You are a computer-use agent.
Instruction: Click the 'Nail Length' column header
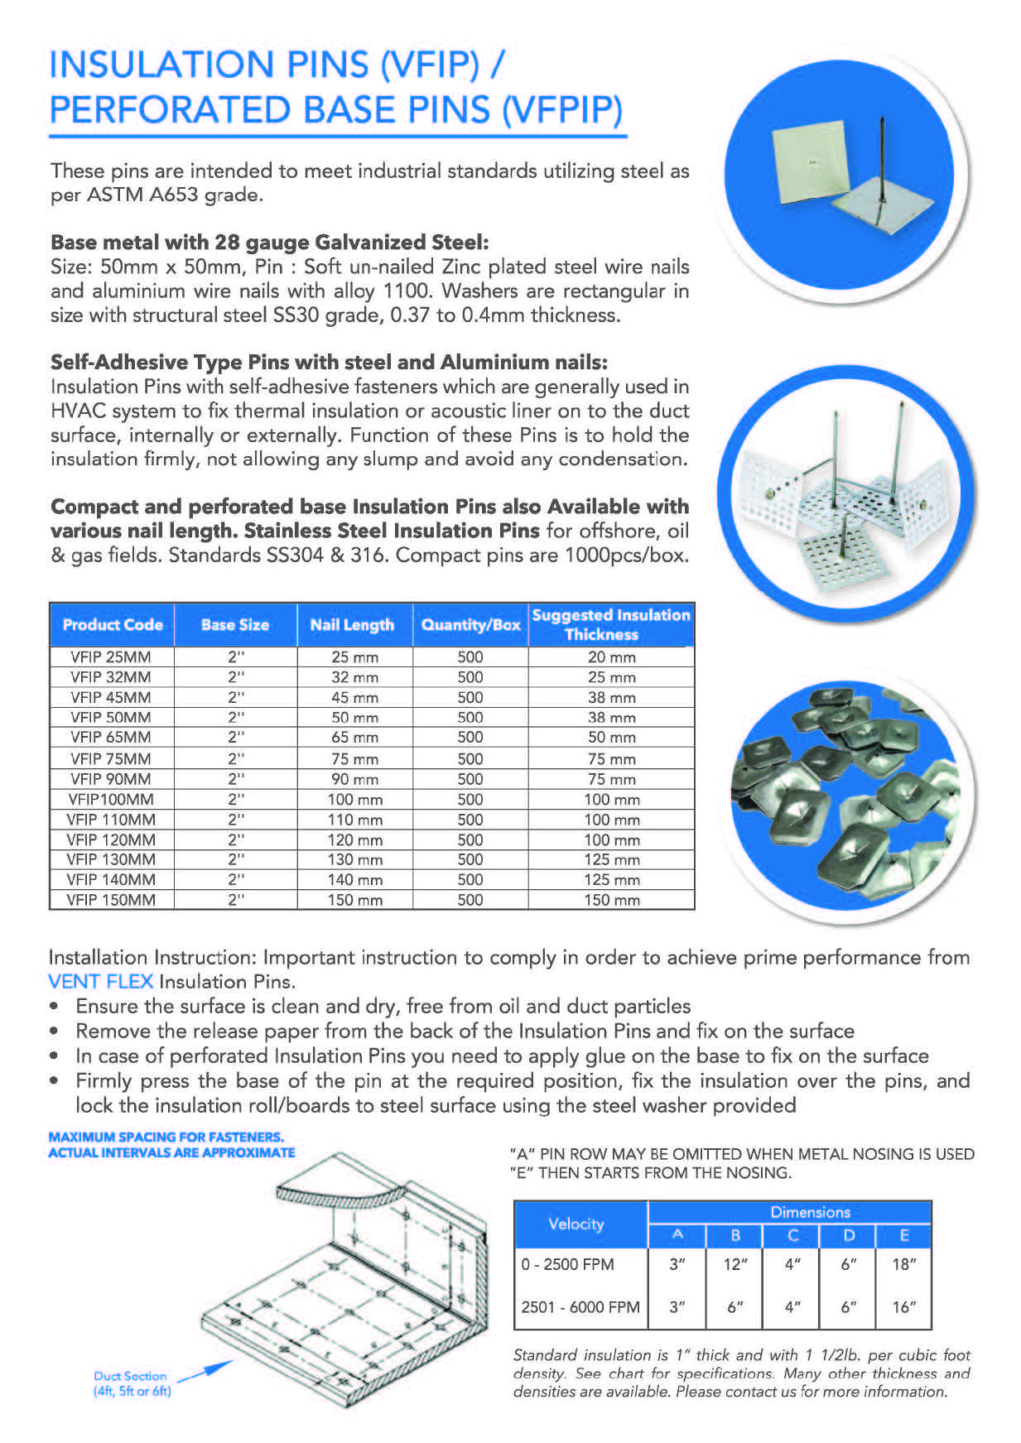(x=352, y=625)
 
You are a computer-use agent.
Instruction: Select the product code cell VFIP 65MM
(x=111, y=738)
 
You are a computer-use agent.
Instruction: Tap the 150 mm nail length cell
(x=354, y=900)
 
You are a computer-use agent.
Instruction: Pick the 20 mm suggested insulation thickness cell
(x=611, y=657)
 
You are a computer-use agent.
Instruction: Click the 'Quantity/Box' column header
(x=470, y=625)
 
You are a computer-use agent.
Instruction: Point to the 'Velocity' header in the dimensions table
(x=576, y=1224)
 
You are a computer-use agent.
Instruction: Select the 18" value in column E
(x=903, y=1264)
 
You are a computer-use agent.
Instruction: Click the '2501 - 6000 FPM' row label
(x=580, y=1307)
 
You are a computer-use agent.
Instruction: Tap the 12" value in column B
(x=735, y=1264)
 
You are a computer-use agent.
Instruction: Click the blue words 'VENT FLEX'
(x=100, y=982)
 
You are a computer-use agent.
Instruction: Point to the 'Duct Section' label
(x=130, y=1376)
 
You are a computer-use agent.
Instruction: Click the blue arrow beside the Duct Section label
(x=205, y=1371)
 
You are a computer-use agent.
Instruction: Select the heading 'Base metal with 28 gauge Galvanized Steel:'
(x=270, y=243)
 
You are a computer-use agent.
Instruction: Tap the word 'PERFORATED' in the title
(x=170, y=109)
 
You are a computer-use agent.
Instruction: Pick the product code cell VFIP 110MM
(x=111, y=820)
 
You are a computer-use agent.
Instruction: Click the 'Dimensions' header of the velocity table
(x=810, y=1212)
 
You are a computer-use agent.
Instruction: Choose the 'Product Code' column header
(x=113, y=625)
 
